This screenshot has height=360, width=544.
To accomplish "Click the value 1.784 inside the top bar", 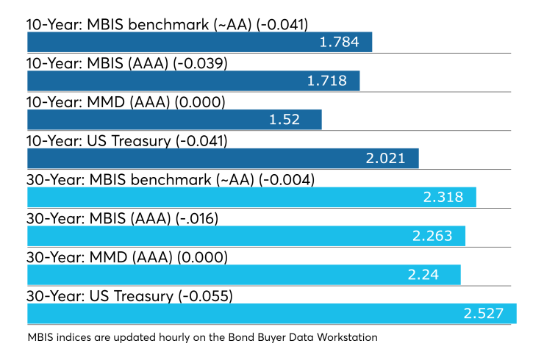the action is click(339, 42).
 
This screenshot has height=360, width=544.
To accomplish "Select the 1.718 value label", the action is click(327, 81).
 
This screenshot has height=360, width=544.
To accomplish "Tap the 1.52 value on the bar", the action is click(284, 120).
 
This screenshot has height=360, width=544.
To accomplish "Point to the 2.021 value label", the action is click(385, 159).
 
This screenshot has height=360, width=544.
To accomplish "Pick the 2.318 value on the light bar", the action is click(443, 198).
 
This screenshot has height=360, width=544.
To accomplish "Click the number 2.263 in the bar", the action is click(432, 236).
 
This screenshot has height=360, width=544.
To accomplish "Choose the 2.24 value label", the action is click(423, 275).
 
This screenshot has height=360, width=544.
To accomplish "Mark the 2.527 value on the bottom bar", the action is click(483, 314).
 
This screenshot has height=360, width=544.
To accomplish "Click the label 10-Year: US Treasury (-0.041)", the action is click(127, 141).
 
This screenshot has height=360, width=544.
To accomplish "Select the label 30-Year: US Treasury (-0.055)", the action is click(130, 296).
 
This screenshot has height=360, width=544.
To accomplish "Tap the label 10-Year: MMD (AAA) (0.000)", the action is click(126, 102).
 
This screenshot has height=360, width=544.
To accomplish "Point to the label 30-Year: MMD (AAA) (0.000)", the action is click(127, 257).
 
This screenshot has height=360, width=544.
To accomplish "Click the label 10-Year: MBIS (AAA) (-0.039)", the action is click(127, 63).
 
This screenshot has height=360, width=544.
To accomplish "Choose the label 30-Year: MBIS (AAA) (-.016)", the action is click(123, 218).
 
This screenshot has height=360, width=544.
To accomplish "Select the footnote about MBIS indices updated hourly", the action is click(203, 337).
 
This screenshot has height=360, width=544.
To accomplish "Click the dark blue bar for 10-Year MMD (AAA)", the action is click(174, 120).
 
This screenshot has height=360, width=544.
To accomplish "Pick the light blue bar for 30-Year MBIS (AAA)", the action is click(246, 236).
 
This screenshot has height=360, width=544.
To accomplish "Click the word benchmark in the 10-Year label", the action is click(168, 25).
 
